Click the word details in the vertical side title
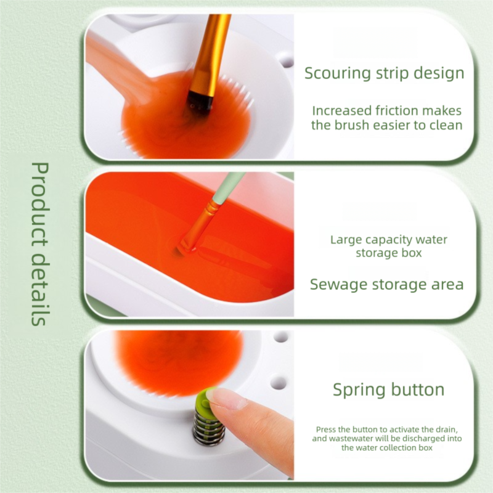click(x=40, y=289)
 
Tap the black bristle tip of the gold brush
click(x=199, y=103)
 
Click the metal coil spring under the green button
click(x=205, y=428)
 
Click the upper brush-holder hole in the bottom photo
click(x=281, y=337)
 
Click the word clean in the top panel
click(x=446, y=125)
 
